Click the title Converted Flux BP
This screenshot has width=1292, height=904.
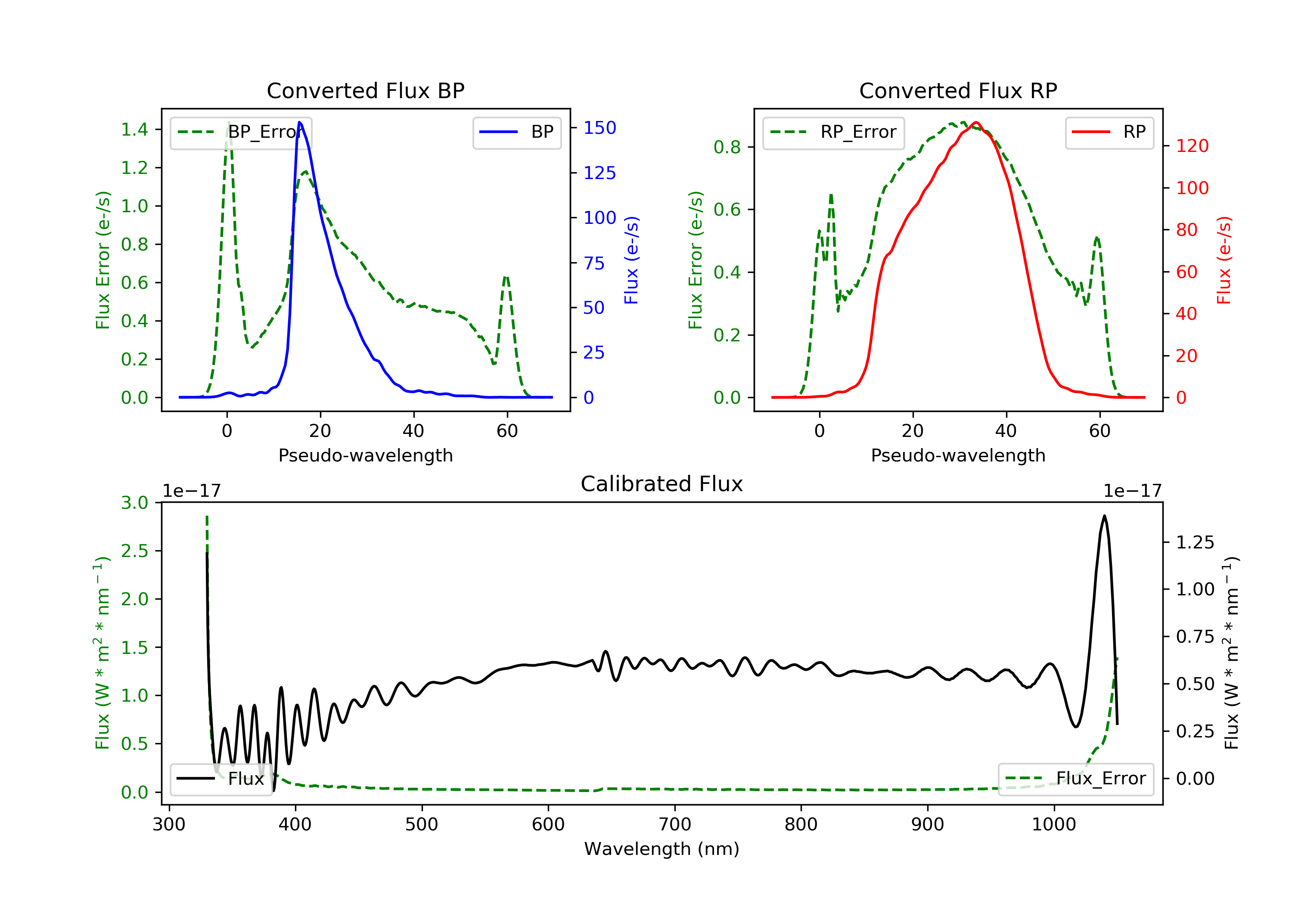click(365, 90)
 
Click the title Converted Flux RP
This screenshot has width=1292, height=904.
click(958, 90)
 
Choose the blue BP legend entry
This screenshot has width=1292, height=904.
click(516, 132)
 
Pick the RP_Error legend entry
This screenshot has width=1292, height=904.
click(833, 132)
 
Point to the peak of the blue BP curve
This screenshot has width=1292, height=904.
click(299, 122)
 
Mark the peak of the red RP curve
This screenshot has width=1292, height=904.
click(976, 122)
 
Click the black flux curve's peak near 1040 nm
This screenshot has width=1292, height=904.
click(1104, 516)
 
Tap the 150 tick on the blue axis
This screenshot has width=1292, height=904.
click(599, 128)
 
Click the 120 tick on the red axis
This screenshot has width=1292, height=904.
click(1192, 146)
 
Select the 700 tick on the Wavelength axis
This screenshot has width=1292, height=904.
click(675, 825)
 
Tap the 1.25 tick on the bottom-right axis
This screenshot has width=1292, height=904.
click(1195, 542)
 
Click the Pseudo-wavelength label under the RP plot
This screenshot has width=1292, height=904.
click(958, 455)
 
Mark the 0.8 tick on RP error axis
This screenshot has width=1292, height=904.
click(727, 147)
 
